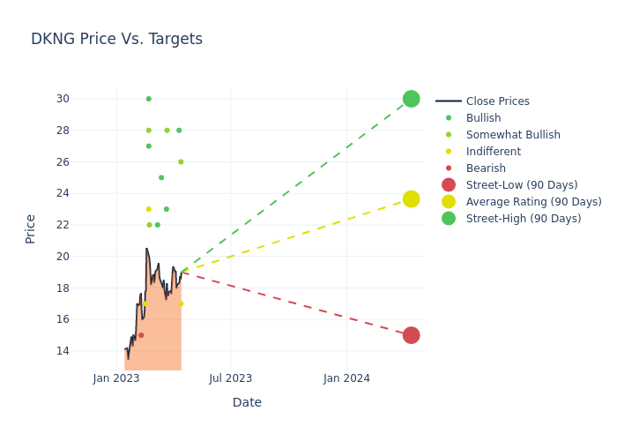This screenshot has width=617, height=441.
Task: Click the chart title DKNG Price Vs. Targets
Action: pos(116,40)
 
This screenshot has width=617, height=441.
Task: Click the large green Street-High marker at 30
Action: pos(411,99)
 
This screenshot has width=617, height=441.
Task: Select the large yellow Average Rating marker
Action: pos(411,199)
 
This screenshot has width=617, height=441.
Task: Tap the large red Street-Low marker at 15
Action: pos(411,335)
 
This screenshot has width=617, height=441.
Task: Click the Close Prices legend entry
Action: pos(497,101)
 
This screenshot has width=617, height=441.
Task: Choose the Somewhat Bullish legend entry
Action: pos(513,135)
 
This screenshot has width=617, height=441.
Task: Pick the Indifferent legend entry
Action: pos(493,152)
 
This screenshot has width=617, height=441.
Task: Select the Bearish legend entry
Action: pos(486,168)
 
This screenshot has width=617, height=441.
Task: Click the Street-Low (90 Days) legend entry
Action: pos(521,185)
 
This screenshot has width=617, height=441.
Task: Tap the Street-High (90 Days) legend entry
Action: pos(523,219)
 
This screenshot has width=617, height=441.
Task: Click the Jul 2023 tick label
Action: pos(230,378)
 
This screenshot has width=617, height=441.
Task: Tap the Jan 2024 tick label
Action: pos(346,378)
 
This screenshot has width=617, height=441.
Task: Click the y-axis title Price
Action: pos(31,228)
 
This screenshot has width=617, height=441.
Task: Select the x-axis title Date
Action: pos(247,403)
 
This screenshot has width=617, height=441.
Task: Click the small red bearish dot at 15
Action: pos(141,335)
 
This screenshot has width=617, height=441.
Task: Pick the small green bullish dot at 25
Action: pos(161,177)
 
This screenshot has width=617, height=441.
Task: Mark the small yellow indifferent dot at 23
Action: pos(148,209)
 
